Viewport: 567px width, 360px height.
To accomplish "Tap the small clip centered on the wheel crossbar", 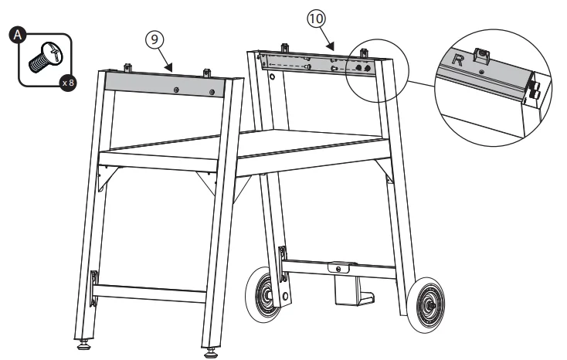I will [338, 267].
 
